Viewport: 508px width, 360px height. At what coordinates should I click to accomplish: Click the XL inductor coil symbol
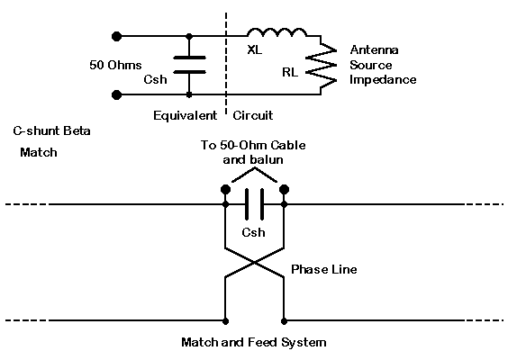(277, 32)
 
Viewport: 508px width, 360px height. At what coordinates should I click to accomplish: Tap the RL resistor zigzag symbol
(321, 65)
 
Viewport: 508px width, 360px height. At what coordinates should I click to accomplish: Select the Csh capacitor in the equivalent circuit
(189, 65)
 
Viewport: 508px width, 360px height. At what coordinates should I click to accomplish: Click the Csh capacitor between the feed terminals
(254, 204)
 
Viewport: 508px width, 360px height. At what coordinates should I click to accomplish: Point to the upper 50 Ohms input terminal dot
(116, 36)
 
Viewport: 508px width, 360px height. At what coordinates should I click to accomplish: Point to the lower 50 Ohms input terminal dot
(116, 94)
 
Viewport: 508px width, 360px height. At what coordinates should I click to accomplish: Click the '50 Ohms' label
(115, 65)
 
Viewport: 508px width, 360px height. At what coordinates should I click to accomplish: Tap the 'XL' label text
(255, 49)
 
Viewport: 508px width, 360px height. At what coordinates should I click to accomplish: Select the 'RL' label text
(290, 72)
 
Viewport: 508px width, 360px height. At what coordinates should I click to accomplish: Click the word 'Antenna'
(374, 49)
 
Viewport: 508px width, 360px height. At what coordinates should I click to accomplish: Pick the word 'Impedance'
(383, 79)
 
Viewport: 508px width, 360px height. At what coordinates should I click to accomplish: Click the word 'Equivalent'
(185, 115)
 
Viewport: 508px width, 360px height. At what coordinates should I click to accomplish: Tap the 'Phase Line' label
(324, 269)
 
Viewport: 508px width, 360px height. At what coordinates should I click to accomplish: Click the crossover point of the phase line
(255, 263)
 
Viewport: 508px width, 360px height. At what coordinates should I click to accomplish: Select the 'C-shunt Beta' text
(52, 131)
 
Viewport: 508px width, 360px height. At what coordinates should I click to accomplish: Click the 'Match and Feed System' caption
(254, 342)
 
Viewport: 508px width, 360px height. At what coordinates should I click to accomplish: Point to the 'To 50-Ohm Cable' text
(253, 145)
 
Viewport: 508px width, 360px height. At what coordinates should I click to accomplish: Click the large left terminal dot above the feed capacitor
(225, 189)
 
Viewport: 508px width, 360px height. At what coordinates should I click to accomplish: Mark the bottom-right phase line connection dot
(284, 321)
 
